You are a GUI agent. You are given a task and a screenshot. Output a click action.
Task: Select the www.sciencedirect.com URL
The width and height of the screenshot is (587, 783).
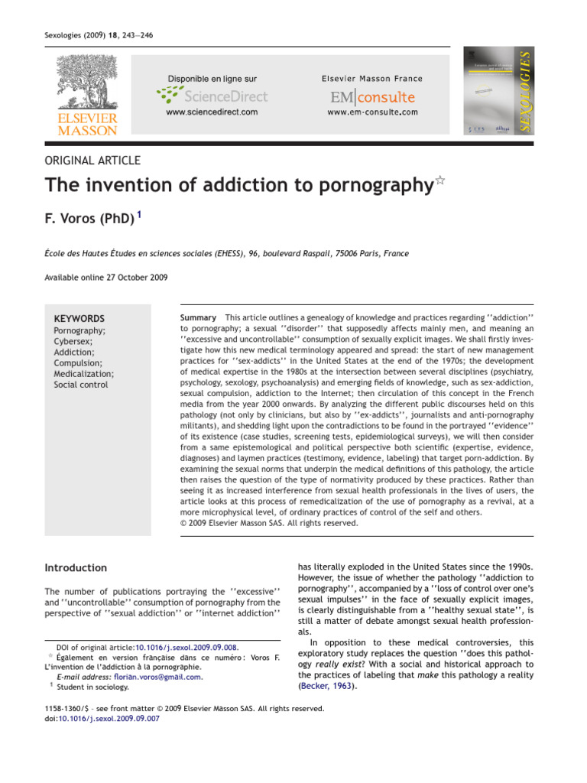click(212, 112)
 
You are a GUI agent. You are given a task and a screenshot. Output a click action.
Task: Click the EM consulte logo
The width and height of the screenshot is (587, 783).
click(372, 97)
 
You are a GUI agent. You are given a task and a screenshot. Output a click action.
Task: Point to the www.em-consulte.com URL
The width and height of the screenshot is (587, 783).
click(372, 112)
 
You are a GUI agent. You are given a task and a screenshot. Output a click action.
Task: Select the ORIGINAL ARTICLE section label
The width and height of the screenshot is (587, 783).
click(92, 160)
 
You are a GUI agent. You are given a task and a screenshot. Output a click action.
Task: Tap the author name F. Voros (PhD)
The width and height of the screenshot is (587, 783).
click(89, 220)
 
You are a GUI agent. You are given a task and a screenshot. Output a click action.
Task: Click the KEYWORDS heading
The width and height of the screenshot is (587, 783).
click(79, 318)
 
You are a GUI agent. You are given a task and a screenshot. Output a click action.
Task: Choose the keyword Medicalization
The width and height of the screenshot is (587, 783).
click(83, 374)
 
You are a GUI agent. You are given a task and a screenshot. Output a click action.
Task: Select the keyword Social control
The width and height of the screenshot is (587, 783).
click(80, 385)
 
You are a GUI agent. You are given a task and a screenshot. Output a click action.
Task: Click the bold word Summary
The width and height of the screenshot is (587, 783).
click(198, 317)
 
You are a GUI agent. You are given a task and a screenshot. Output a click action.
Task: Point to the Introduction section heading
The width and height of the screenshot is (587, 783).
click(76, 567)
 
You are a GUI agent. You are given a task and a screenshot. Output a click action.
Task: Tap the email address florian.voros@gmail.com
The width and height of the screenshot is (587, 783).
click(157, 677)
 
